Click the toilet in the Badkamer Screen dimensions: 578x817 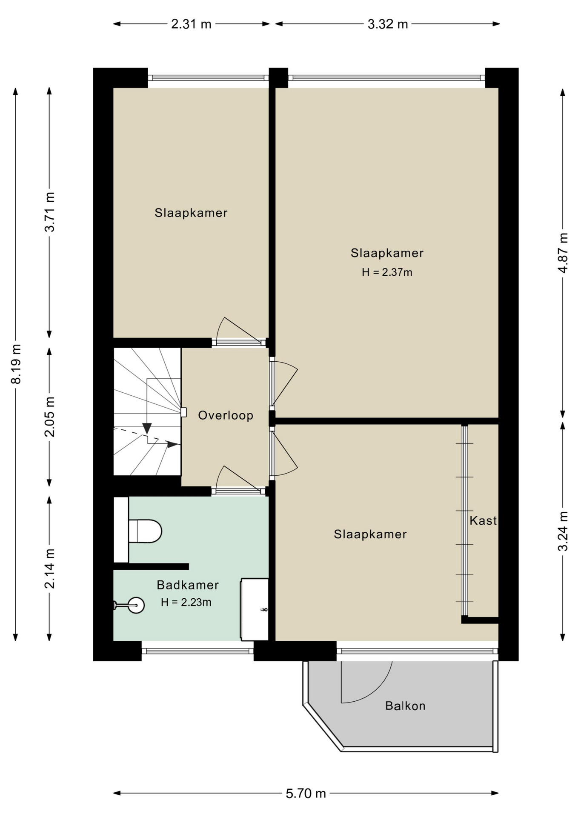click(x=145, y=531)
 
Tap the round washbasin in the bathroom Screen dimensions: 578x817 click(x=136, y=605)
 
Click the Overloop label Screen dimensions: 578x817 click(x=226, y=415)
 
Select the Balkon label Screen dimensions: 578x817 click(x=405, y=706)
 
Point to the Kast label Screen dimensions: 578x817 click(x=483, y=520)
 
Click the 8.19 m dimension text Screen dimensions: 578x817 click(x=16, y=364)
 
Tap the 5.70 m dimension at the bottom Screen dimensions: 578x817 click(x=306, y=793)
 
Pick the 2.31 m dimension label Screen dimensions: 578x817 click(x=191, y=24)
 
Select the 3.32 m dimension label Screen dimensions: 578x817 click(x=388, y=24)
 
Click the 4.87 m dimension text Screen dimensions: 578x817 click(x=563, y=253)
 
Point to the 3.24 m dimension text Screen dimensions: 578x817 click(x=563, y=531)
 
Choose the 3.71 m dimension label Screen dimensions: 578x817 click(x=50, y=212)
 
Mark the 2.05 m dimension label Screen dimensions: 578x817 click(x=50, y=417)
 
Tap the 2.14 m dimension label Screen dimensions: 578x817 click(x=50, y=568)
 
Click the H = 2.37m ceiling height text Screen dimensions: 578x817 click(x=387, y=272)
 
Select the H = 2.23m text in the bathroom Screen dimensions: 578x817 click(x=186, y=602)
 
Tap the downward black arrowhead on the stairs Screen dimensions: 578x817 click(x=147, y=428)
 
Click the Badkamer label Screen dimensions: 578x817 click(x=188, y=585)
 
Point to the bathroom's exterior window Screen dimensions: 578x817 click(x=197, y=651)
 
